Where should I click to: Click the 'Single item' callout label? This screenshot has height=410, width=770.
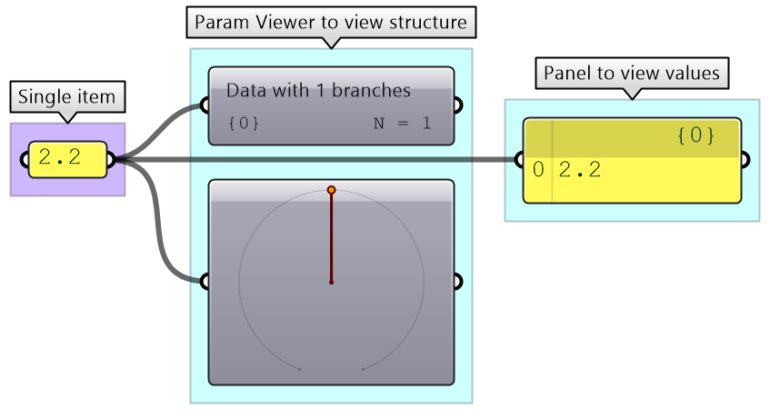click(x=67, y=97)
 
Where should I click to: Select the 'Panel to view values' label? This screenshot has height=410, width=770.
click(x=631, y=73)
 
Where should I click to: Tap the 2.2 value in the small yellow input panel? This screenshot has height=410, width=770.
click(x=60, y=158)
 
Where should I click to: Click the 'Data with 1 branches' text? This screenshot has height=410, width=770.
click(x=318, y=91)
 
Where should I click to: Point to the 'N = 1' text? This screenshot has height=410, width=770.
click(x=402, y=123)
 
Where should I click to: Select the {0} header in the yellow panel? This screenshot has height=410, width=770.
click(x=695, y=136)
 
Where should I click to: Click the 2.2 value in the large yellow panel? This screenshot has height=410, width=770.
click(x=579, y=169)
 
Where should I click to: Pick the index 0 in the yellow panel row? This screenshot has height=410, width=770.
click(x=537, y=169)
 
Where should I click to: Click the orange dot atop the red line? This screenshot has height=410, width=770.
click(x=331, y=190)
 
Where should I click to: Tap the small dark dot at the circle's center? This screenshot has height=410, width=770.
click(x=331, y=283)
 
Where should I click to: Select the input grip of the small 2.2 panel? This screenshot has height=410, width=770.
click(x=25, y=160)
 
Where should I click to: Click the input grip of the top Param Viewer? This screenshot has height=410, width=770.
click(x=206, y=106)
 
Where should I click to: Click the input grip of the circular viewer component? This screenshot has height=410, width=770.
click(x=206, y=282)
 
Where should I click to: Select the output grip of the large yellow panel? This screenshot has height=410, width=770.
click(x=744, y=161)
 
